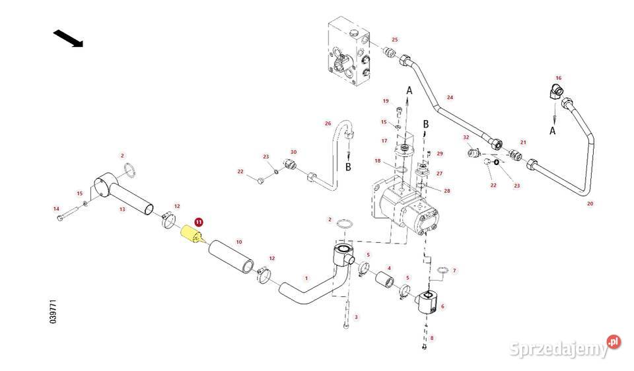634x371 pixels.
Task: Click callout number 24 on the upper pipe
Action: [450, 97]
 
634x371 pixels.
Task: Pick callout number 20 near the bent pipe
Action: [590, 203]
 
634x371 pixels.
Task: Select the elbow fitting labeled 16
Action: [557, 92]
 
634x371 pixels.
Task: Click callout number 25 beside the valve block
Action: [395, 40]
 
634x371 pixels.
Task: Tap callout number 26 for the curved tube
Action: [327, 123]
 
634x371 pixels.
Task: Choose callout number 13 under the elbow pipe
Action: [122, 209]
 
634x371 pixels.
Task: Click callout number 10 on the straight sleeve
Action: [238, 242]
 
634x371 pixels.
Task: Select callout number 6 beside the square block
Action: [442, 306]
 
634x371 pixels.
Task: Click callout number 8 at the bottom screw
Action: [432, 338]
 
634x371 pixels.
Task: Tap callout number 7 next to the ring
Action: [454, 271]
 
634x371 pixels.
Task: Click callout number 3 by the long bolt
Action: [356, 318]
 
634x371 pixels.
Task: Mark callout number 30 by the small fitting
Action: [294, 152]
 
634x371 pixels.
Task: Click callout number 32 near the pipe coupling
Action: [466, 137]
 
